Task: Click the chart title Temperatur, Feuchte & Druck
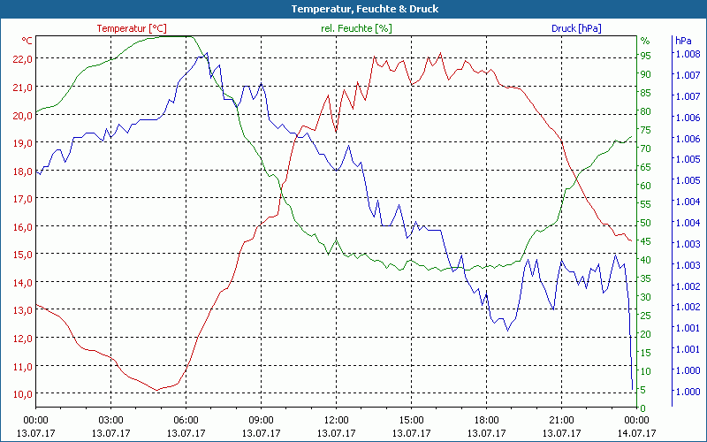click(353, 9)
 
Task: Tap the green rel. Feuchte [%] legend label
click(355, 28)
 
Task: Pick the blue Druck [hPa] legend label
click(576, 28)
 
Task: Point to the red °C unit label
click(27, 41)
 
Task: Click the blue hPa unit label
click(682, 41)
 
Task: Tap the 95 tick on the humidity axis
click(646, 56)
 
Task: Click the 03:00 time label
click(110, 420)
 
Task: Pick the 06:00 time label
click(186, 420)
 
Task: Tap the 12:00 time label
click(336, 420)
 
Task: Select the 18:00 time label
click(486, 420)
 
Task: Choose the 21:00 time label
click(561, 420)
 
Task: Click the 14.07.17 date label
click(636, 433)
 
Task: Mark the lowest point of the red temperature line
click(156, 390)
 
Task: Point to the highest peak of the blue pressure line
click(207, 53)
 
